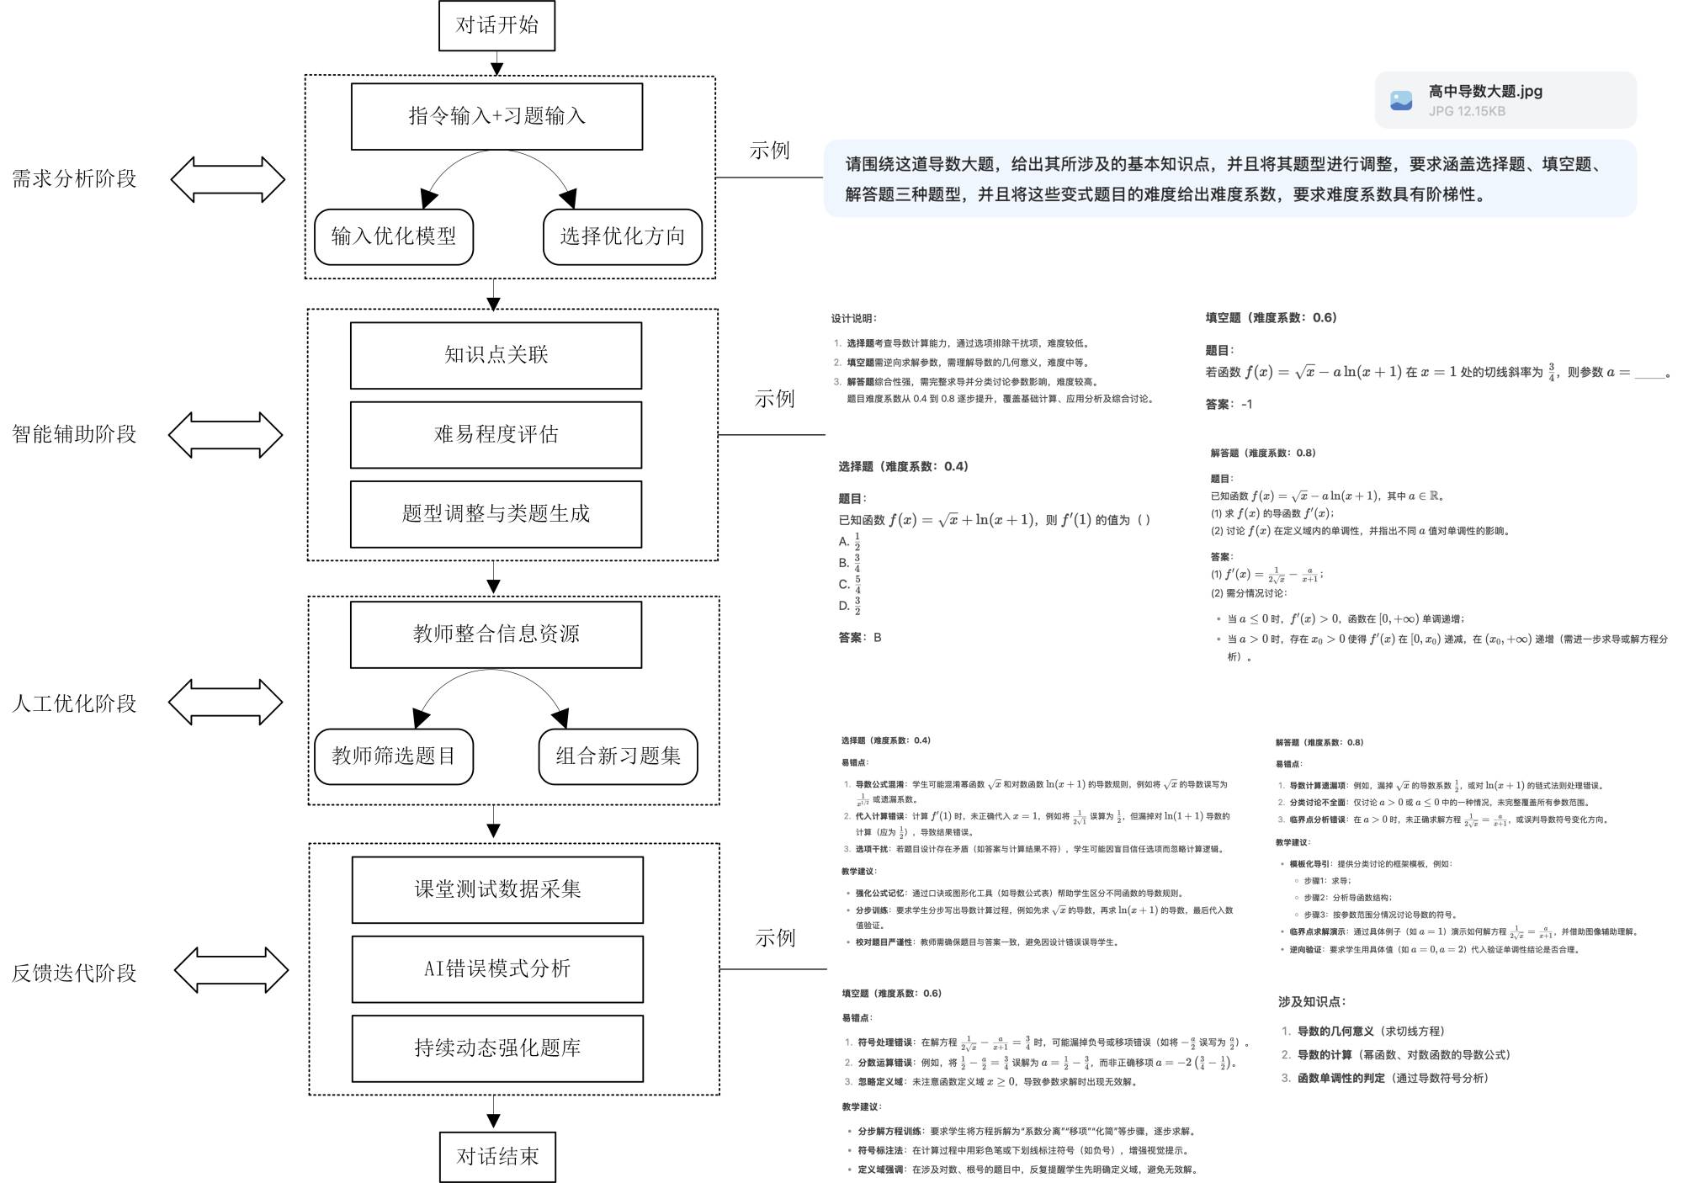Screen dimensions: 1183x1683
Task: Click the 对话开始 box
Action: [x=496, y=25]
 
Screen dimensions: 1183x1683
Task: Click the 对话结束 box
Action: [x=497, y=1157]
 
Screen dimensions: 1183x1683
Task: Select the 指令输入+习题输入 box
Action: [x=496, y=116]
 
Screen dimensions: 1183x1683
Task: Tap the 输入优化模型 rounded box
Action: [x=394, y=236]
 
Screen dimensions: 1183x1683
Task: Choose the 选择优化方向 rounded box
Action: [x=623, y=236]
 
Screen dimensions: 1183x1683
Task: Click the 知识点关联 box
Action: [x=496, y=355]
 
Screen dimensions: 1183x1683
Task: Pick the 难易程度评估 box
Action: [x=496, y=434]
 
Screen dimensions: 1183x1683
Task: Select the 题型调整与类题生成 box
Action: [x=496, y=513]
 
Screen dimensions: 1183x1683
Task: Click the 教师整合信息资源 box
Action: [x=496, y=634]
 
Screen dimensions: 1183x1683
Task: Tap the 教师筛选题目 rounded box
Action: [x=394, y=756]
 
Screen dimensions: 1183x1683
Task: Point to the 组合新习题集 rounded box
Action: [x=618, y=756]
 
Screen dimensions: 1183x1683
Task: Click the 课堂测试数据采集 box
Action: [x=497, y=889]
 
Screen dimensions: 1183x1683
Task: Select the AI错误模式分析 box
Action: [x=497, y=968]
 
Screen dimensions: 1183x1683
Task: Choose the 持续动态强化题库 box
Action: [x=497, y=1048]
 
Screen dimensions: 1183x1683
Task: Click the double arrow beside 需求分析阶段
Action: [x=228, y=179]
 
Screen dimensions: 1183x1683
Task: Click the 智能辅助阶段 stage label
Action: [x=74, y=434]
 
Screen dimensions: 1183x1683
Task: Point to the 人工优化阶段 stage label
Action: [x=74, y=703]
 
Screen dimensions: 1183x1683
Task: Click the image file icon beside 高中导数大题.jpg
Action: [x=1401, y=101]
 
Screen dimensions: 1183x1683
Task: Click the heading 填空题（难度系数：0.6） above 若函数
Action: [x=1271, y=318]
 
